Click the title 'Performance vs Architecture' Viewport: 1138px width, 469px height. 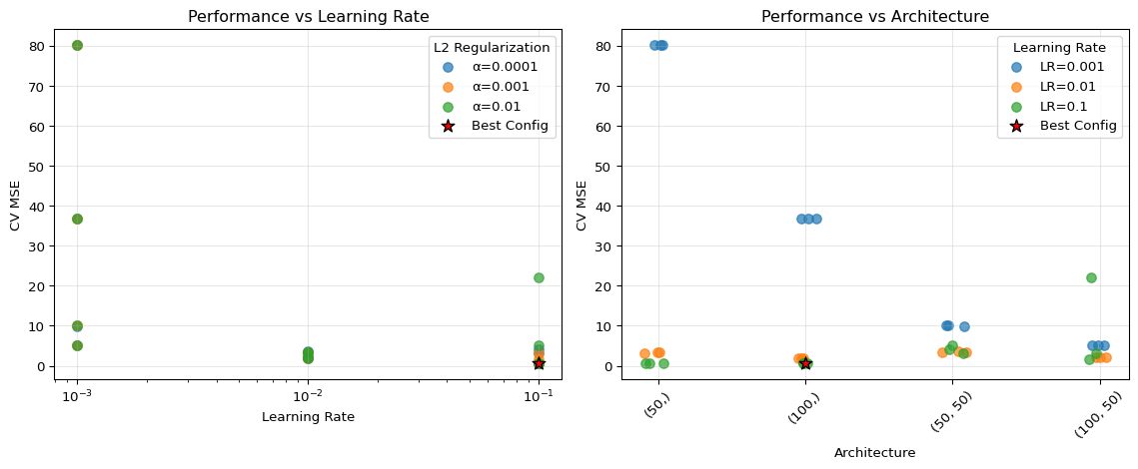click(875, 16)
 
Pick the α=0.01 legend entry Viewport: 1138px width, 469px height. click(501, 106)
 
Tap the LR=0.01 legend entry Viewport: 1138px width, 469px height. click(1065, 87)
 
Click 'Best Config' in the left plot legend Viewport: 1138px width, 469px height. click(510, 126)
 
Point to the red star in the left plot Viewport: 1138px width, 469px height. click(540, 363)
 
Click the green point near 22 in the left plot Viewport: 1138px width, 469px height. click(539, 277)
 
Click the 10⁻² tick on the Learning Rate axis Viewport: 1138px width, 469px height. click(309, 395)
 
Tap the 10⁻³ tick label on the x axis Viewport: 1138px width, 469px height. click(77, 395)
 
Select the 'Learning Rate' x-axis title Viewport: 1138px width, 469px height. click(308, 417)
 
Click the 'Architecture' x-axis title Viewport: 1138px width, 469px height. click(875, 452)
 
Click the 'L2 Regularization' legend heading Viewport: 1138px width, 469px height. click(491, 47)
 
